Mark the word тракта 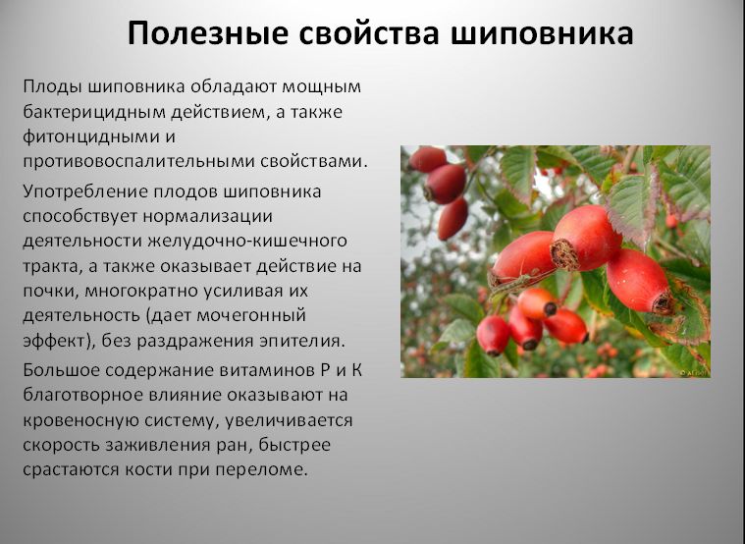(x=50, y=266)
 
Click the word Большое (x=62, y=369)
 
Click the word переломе (x=266, y=469)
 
